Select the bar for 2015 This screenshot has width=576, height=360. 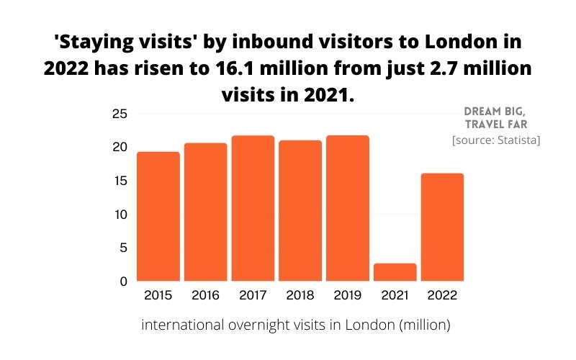[158, 216]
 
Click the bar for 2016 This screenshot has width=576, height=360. [205, 212]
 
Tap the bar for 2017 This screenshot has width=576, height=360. [253, 208]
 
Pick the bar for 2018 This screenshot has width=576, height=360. [300, 210]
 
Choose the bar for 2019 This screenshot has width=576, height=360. [348, 208]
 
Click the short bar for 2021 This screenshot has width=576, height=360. [395, 272]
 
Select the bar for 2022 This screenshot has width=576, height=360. [442, 227]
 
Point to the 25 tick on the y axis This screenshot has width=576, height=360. [120, 114]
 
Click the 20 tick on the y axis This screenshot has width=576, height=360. [120, 147]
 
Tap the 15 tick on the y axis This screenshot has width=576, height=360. [120, 181]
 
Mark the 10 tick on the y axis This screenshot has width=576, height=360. [120, 215]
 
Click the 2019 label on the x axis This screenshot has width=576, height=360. [348, 294]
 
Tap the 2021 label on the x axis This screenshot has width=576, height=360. [395, 294]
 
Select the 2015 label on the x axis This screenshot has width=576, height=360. [158, 294]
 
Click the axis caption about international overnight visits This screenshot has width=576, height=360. [296, 325]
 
